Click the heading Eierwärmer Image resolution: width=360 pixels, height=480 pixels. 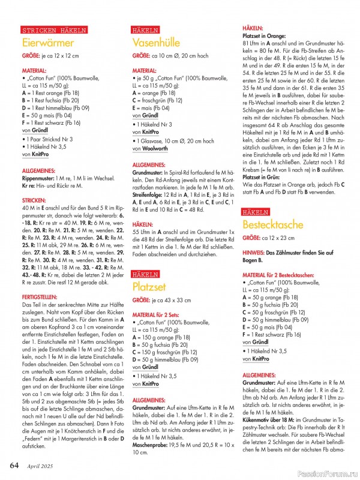[47, 43]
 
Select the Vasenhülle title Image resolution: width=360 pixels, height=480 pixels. [159, 43]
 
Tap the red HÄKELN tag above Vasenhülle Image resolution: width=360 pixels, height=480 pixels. [145, 30]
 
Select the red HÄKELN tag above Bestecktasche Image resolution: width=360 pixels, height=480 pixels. [256, 212]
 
